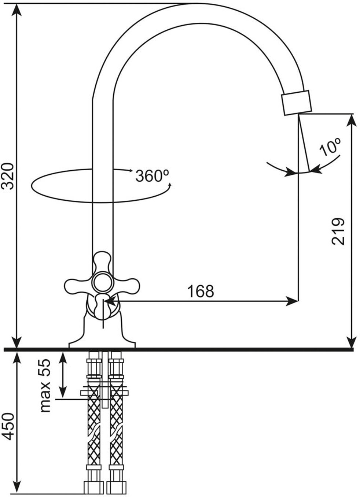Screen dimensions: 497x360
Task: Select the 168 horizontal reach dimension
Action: click(x=200, y=292)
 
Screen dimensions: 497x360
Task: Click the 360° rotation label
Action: click(x=153, y=175)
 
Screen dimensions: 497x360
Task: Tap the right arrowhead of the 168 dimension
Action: click(x=294, y=301)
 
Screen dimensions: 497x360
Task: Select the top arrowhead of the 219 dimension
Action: click(x=352, y=119)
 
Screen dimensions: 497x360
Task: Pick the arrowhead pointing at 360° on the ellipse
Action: click(x=130, y=171)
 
